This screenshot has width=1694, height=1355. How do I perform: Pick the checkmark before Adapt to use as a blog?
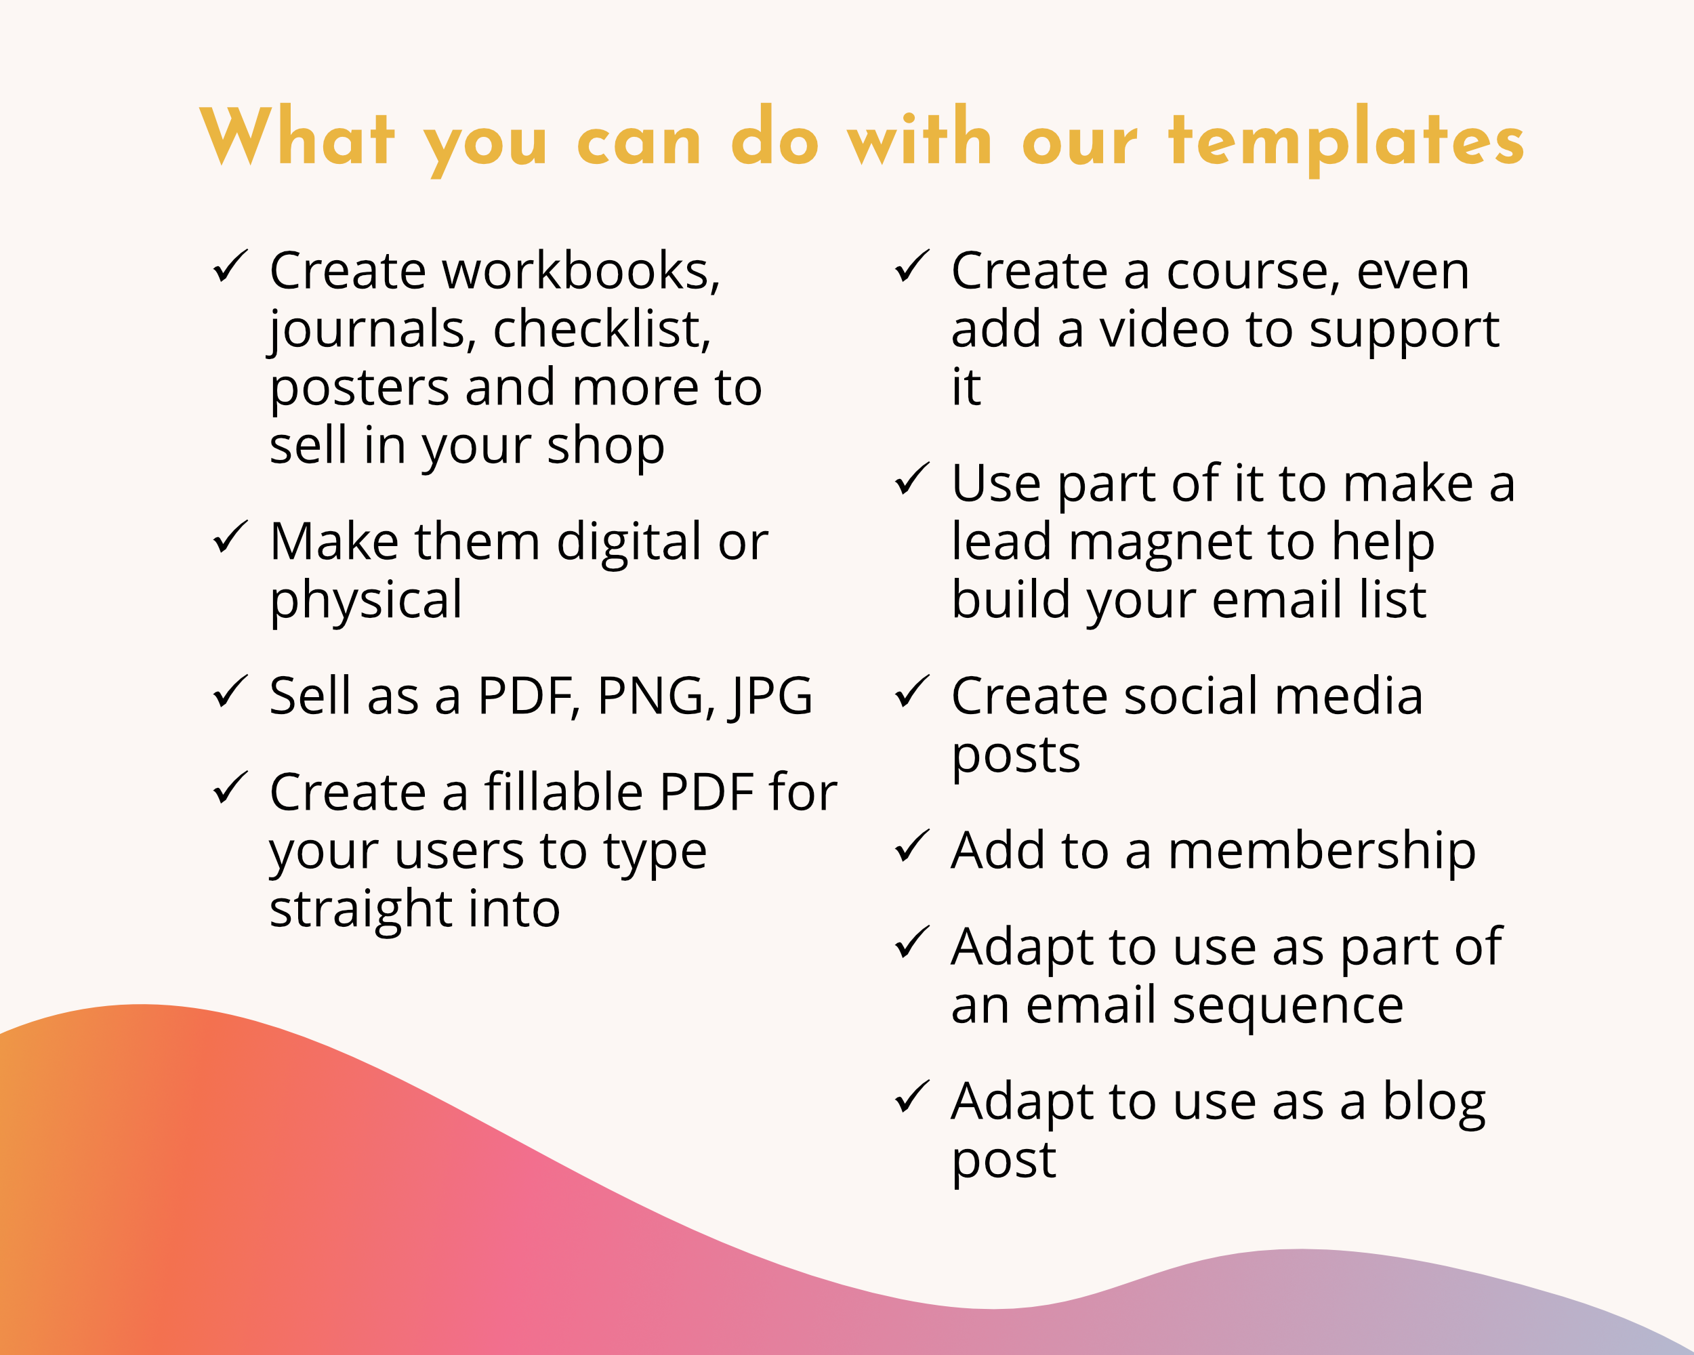(912, 1097)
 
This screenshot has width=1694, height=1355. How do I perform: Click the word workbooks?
(581, 271)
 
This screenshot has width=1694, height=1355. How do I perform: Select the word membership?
(1323, 853)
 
